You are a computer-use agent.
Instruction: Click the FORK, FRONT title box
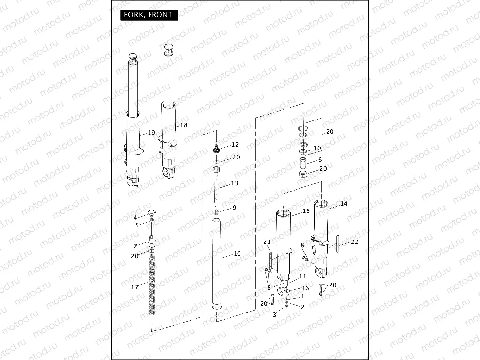149,15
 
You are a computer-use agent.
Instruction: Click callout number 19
151,133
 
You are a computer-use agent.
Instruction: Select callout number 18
184,125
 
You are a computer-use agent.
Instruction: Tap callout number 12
235,145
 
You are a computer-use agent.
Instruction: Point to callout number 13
234,183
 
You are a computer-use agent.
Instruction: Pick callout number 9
234,208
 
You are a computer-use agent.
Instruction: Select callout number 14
344,203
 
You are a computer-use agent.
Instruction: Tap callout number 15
306,211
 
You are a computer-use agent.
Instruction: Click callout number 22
355,241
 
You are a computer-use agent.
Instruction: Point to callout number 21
267,241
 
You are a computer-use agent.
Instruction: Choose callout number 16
305,288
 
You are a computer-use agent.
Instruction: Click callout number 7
135,246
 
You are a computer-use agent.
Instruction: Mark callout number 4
135,217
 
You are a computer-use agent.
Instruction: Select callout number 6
320,160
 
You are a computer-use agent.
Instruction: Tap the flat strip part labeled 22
338,244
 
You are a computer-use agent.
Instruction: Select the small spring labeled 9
215,211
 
